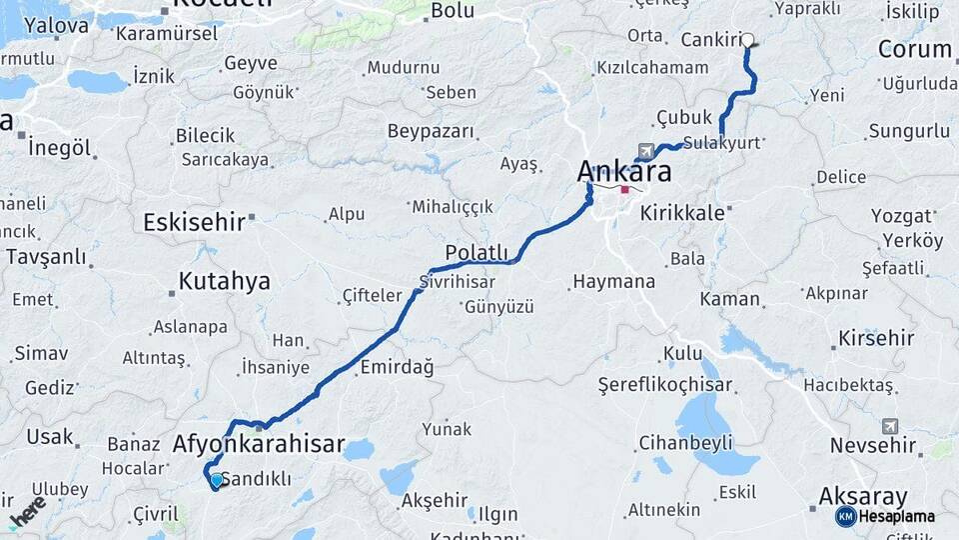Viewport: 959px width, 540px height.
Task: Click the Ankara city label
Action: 623,171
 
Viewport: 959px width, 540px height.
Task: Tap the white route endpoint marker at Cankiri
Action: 747,41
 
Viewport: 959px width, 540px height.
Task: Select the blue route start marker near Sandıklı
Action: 216,480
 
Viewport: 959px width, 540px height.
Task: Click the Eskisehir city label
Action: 194,222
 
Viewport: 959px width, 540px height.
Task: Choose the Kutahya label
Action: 224,281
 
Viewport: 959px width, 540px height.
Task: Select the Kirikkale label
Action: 682,213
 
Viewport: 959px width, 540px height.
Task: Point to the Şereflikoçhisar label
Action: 665,385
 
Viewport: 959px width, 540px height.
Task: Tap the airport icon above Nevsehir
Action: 890,425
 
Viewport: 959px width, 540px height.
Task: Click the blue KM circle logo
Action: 845,516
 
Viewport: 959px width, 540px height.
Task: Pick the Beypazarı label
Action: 430,132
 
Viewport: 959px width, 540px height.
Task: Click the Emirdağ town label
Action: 397,367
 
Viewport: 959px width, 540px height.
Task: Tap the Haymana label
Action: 613,282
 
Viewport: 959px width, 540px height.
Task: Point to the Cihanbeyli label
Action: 685,442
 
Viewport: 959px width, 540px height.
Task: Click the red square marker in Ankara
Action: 625,189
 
